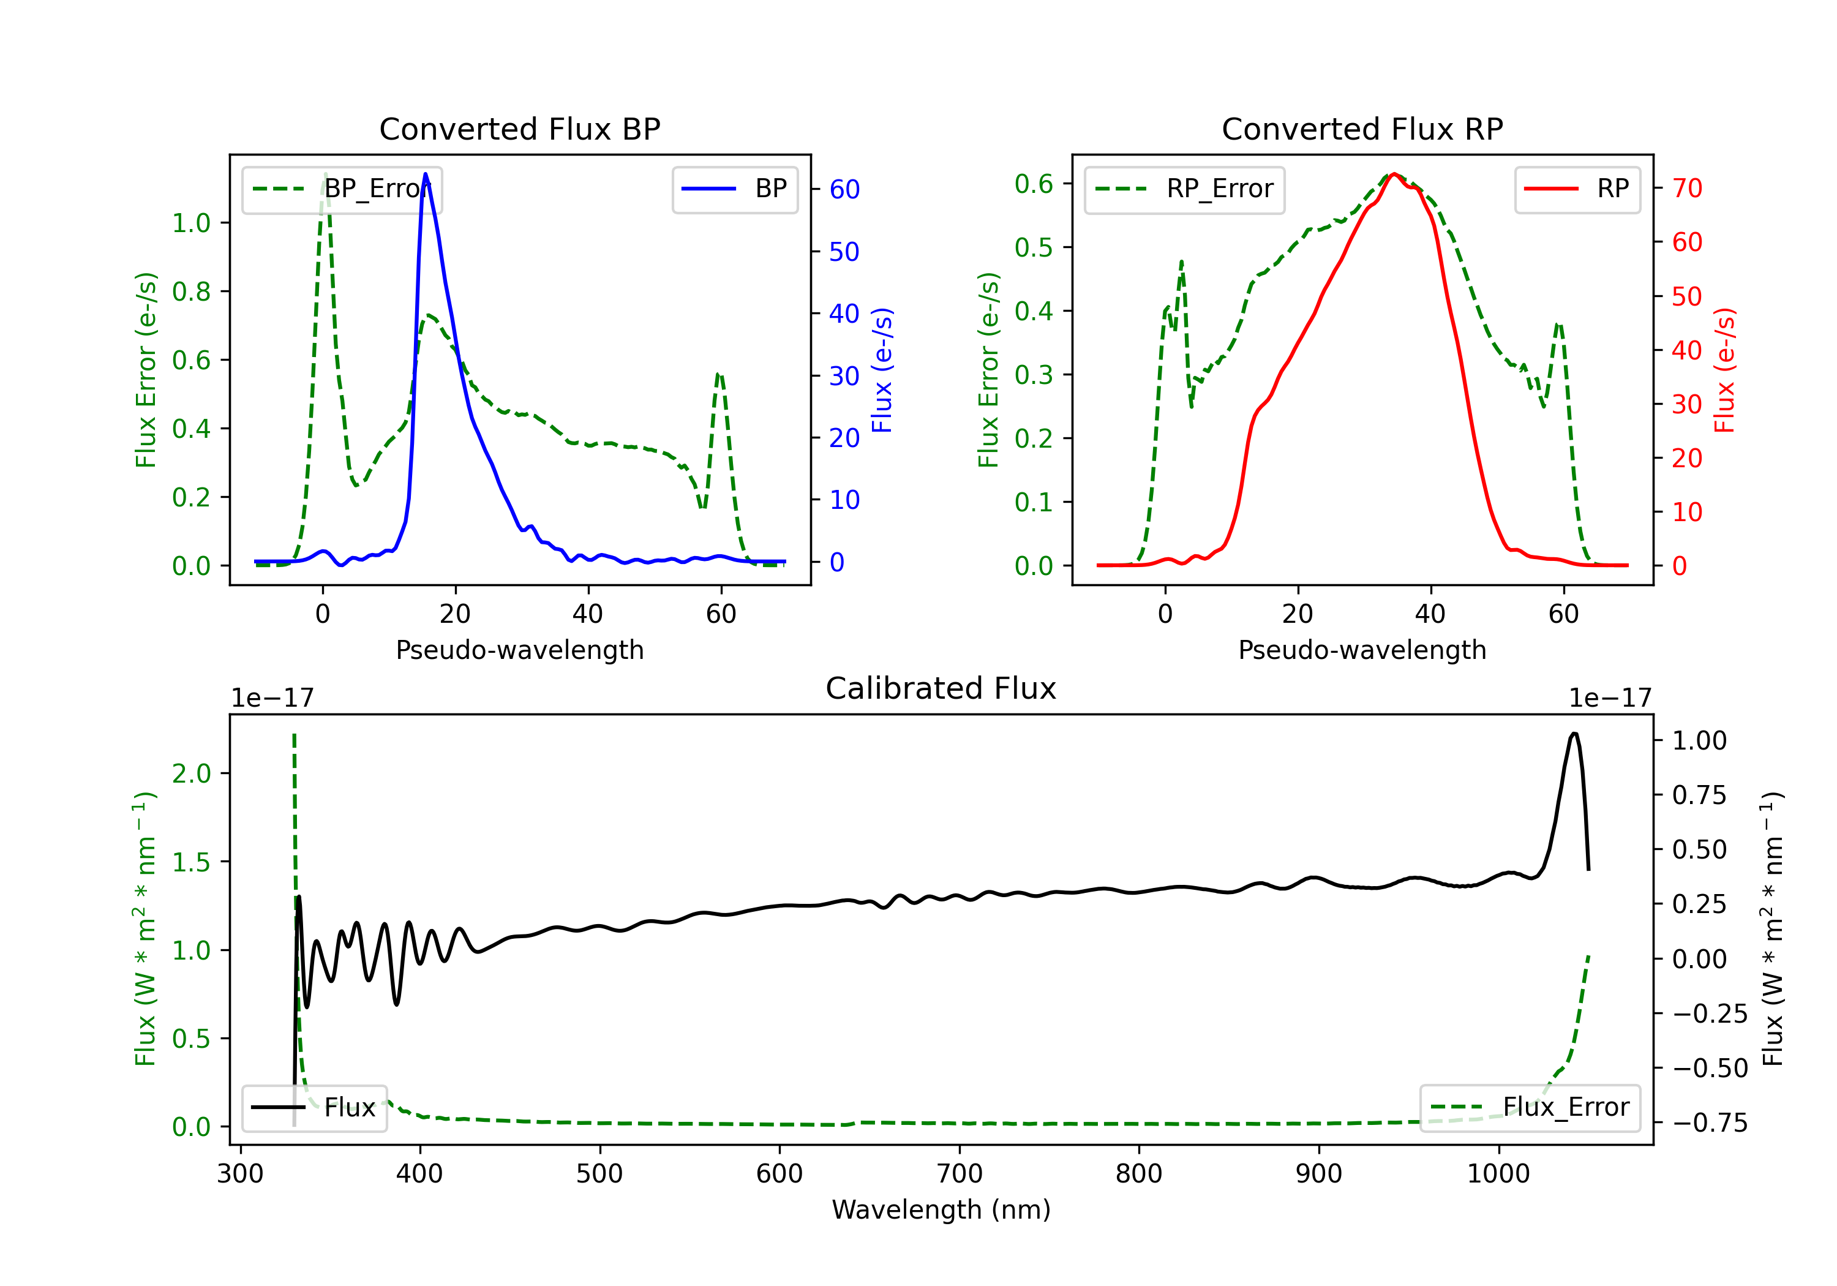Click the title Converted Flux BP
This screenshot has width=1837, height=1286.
click(519, 129)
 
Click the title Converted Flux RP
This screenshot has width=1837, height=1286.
click(1362, 129)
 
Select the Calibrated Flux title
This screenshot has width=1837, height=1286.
click(941, 688)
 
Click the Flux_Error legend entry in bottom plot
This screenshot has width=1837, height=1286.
click(1530, 1108)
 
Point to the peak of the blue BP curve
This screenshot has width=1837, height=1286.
click(425, 174)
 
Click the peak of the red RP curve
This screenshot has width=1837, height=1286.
click(1394, 174)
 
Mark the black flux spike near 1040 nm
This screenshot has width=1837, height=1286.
click(1574, 734)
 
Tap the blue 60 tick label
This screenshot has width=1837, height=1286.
click(844, 190)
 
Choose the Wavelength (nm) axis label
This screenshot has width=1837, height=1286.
click(941, 1209)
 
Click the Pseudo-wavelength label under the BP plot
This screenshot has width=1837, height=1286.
click(519, 650)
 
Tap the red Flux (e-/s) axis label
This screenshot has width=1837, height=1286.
click(1724, 370)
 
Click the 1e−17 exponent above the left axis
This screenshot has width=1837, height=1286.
click(272, 698)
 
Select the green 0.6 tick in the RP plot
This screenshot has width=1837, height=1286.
click(1034, 184)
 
